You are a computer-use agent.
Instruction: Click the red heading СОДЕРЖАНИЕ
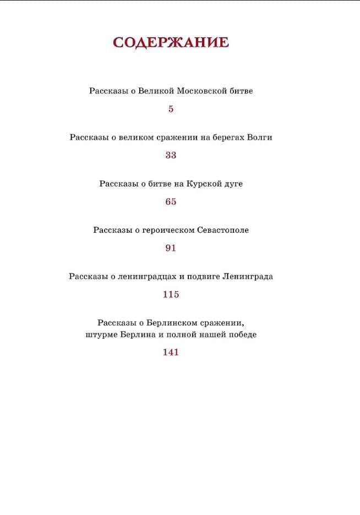point(171,43)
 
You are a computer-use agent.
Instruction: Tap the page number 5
point(171,109)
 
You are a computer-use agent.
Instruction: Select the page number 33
point(171,155)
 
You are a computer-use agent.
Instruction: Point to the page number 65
point(171,201)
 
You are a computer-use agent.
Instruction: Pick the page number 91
point(171,248)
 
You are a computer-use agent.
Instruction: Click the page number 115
point(171,294)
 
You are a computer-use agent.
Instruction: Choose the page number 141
point(171,352)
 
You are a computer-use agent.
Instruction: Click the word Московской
point(203,91)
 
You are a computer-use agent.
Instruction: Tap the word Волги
point(260,138)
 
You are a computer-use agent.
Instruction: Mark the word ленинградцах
point(144,277)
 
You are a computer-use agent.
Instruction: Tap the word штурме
point(101,335)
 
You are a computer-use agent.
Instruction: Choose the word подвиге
point(204,277)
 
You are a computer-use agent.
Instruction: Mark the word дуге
point(232,184)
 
